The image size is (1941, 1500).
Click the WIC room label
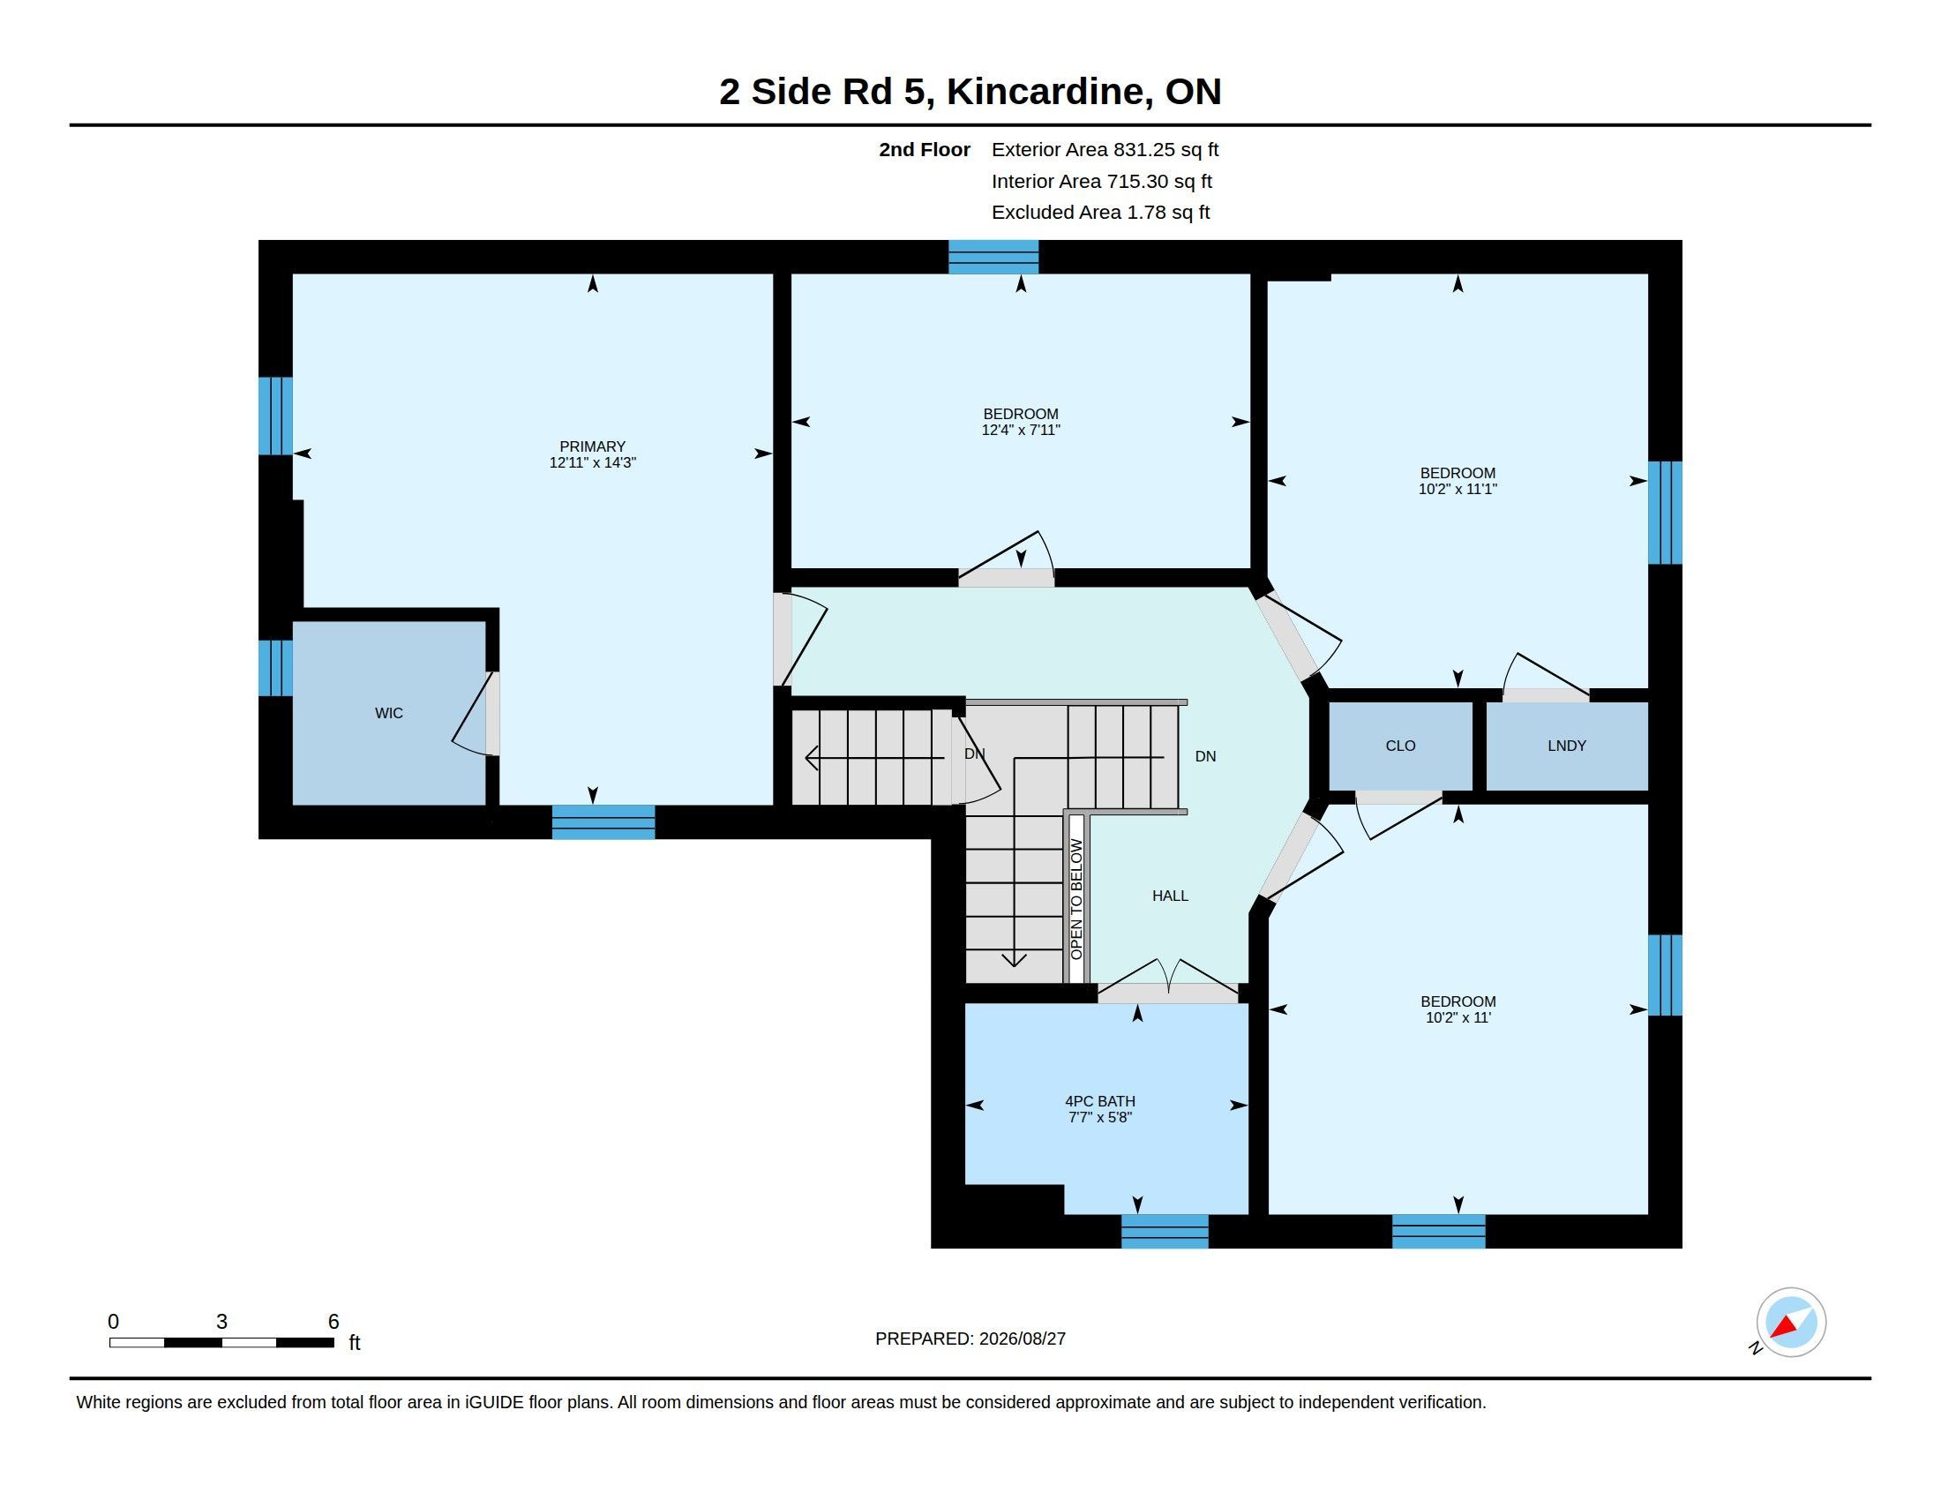388,713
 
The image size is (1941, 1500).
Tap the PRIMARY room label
592,446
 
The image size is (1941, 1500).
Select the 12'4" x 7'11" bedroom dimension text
1020,430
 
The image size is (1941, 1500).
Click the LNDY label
1566,746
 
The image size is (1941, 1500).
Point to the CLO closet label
1400,746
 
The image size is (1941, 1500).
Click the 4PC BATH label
1100,1101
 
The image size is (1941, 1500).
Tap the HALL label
1170,896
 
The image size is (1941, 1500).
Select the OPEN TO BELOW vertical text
1076,899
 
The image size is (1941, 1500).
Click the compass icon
1790,1323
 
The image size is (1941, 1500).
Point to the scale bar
221,1342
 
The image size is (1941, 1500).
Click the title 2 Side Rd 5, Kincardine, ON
970,92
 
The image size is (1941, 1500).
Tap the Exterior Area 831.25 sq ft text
1105,149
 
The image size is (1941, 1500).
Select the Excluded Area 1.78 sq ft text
1100,213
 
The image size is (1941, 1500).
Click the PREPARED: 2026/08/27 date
970,1339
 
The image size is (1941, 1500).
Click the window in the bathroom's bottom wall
1165,1231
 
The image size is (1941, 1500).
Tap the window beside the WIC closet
275,667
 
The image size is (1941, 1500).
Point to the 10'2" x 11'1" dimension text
1458,489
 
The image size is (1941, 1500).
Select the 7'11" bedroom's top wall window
993,257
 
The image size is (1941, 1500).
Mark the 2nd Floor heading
925,149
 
